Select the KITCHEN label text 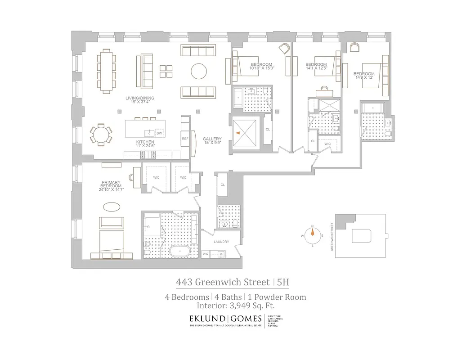click(x=145, y=144)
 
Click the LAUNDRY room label click(x=221, y=242)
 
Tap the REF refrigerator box click(x=185, y=139)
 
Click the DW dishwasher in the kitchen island click(x=159, y=133)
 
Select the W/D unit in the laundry click(x=206, y=254)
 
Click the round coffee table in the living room click(x=199, y=71)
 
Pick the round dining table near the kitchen click(x=101, y=134)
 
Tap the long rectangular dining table click(x=106, y=71)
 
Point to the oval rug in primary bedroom click(x=112, y=207)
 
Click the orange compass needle click(x=312, y=233)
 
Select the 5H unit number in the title click(x=282, y=283)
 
